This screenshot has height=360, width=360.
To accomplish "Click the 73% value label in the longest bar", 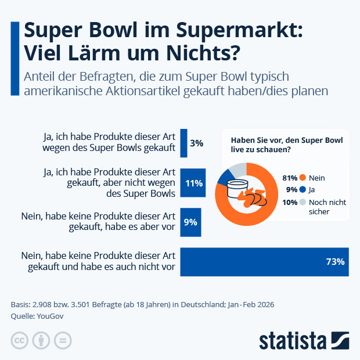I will tap(335, 262).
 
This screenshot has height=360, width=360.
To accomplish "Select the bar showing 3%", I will tap(184, 143).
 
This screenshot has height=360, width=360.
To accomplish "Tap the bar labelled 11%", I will tap(192, 183).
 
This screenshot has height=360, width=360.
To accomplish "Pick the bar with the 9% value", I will tap(190, 222).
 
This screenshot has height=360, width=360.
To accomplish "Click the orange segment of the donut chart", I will tap(232, 212).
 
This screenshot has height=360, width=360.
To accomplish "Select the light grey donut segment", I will tap(238, 169).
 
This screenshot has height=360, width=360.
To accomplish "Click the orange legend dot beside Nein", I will tap(303, 177).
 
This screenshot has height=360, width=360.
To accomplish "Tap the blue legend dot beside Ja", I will tap(303, 189).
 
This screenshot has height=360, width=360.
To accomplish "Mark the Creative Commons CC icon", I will tap(20, 340).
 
